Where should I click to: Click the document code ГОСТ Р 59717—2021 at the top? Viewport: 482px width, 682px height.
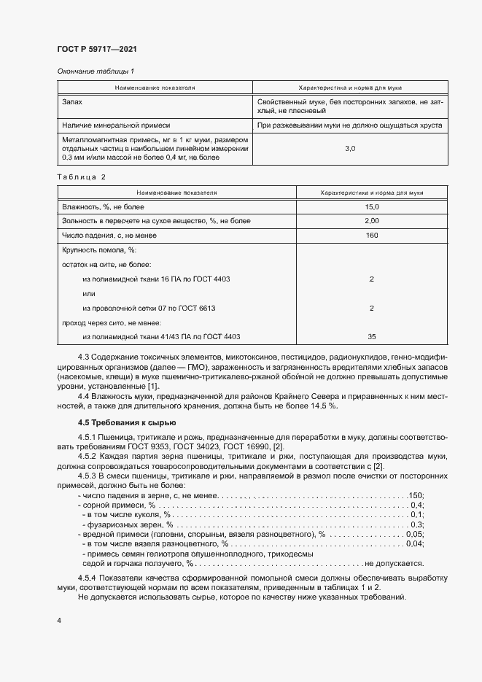click(x=97, y=49)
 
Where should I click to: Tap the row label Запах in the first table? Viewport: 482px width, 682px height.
click(x=74, y=103)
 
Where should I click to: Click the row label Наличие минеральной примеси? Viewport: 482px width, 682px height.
click(x=116, y=125)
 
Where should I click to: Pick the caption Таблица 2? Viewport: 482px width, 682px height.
click(x=81, y=177)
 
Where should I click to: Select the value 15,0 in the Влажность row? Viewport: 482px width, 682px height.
click(x=372, y=208)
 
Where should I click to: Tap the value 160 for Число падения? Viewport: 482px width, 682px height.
click(x=372, y=236)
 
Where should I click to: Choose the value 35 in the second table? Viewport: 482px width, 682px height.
click(x=372, y=336)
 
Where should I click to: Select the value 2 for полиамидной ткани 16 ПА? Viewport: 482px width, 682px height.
click(x=372, y=279)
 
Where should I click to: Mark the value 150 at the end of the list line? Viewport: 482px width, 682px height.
click(x=416, y=495)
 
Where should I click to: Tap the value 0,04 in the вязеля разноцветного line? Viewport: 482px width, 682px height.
click(x=416, y=543)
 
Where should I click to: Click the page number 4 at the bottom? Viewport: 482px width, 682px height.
click(x=58, y=621)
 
